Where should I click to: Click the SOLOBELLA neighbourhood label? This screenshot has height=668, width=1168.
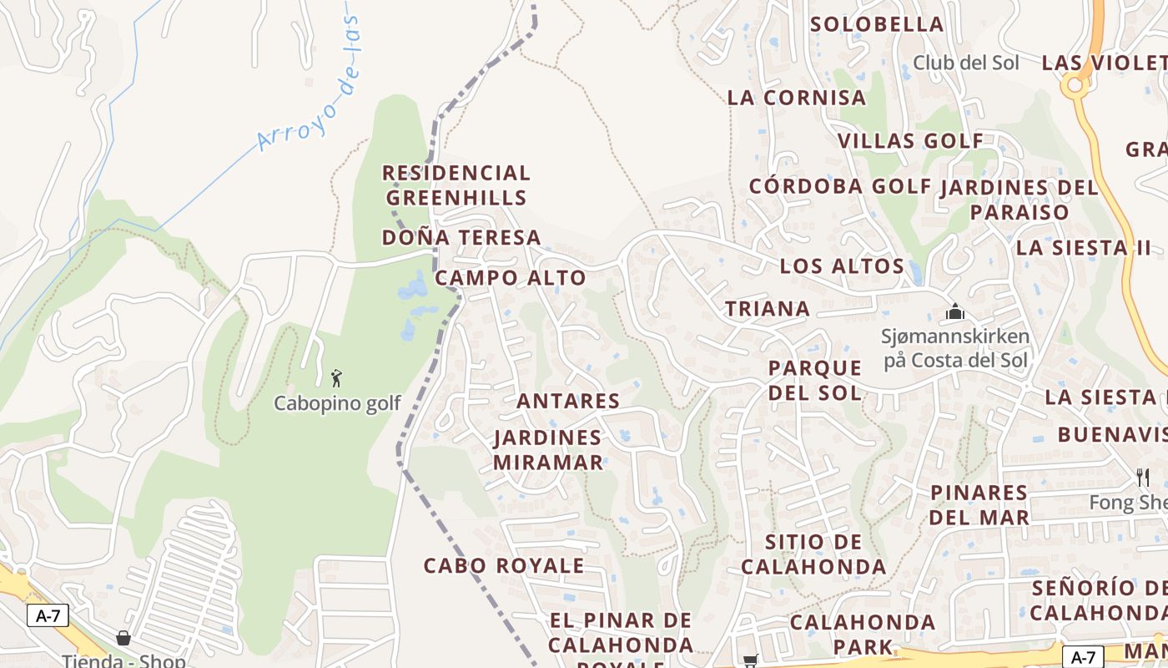877,24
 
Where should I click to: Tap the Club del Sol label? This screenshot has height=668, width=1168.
966,63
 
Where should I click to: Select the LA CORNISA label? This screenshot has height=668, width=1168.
797,98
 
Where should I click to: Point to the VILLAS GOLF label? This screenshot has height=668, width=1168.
911,141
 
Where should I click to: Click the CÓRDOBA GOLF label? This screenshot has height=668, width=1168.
839,186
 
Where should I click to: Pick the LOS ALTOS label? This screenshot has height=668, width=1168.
842,266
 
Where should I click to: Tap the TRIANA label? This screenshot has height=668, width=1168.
768,309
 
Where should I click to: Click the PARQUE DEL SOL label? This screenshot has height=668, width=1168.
815,380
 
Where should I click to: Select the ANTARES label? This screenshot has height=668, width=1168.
568,402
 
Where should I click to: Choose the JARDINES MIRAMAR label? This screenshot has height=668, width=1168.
547,450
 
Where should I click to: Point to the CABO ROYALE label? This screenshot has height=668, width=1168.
504,565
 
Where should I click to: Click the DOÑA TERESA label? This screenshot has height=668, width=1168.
461,238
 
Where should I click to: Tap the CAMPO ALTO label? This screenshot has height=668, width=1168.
511,278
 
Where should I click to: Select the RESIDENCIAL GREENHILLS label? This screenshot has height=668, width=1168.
456,185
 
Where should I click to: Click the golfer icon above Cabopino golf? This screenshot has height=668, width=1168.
336,378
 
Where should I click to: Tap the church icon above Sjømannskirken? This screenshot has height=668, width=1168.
955,313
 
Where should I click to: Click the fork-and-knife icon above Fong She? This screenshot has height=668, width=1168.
1143,478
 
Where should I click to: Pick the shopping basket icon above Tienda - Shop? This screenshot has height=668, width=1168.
123,639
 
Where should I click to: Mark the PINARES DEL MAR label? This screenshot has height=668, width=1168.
979,505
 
